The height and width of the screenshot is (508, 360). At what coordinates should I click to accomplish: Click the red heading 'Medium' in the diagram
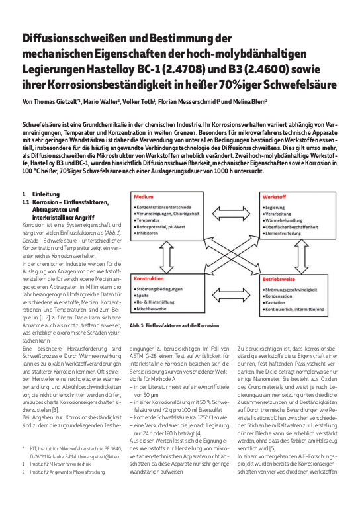[x=144, y=197]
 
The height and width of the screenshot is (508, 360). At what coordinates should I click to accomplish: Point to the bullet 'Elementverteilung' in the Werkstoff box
[x=287, y=232]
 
